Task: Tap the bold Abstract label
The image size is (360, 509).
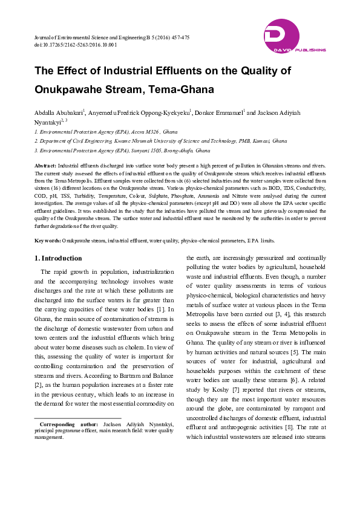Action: [45, 165]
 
